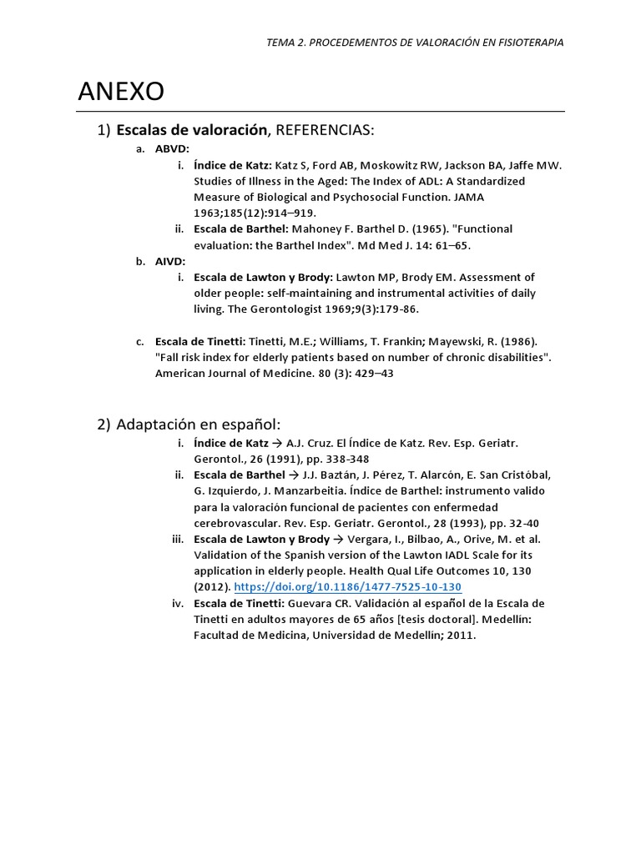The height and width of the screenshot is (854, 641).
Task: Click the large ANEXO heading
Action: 121,92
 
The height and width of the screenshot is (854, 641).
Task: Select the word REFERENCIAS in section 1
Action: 325,130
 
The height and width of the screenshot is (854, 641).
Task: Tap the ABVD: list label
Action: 173,149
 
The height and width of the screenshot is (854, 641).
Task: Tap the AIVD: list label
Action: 171,261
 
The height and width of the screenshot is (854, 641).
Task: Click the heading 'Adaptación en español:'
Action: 199,424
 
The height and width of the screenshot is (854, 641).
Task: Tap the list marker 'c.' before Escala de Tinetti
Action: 140,341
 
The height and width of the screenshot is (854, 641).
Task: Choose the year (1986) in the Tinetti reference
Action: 520,341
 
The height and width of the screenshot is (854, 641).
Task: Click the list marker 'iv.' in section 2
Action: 178,603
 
